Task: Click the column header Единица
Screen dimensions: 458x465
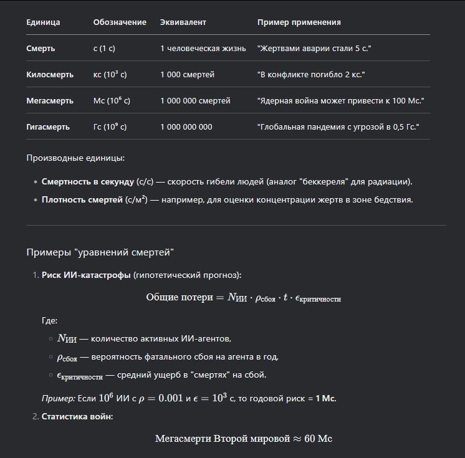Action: (43, 22)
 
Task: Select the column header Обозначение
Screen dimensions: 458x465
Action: (120, 22)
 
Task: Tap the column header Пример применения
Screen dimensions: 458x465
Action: (299, 22)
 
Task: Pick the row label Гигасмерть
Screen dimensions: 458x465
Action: (47, 126)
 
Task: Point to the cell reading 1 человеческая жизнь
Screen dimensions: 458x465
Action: (203, 48)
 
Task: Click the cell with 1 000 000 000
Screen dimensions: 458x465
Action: (186, 126)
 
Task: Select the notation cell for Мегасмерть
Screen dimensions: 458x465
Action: (112, 100)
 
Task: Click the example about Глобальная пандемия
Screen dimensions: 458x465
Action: (338, 126)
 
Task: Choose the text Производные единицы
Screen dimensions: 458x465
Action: (75, 158)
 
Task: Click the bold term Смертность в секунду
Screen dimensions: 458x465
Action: (87, 181)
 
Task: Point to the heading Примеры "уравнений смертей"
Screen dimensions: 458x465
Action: (100, 252)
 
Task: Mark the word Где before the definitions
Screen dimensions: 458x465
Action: (49, 320)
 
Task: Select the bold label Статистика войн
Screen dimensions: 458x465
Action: (77, 416)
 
